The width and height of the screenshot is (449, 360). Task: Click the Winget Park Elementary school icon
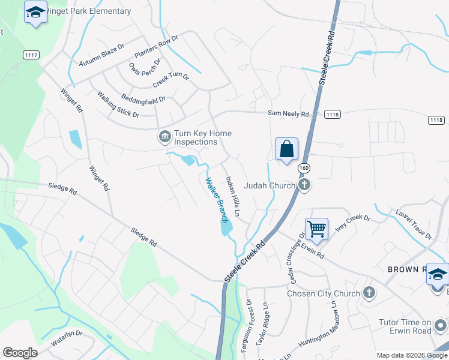click(36, 12)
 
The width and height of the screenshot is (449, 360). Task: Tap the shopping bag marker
click(287, 149)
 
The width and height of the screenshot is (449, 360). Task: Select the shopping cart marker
click(316, 228)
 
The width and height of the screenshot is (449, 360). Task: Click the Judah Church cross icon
click(304, 185)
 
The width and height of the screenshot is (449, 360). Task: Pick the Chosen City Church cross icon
click(369, 293)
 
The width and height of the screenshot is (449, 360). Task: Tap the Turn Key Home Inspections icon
click(164, 137)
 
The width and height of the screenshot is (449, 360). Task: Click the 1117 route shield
click(31, 55)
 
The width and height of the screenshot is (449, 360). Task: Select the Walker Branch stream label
click(217, 200)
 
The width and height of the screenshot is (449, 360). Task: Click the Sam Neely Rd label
click(288, 113)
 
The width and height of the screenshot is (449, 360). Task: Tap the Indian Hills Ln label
click(233, 196)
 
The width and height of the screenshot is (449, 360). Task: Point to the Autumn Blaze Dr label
click(101, 63)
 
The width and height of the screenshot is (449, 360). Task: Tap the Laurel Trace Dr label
click(414, 224)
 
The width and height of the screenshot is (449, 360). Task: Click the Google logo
click(20, 353)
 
